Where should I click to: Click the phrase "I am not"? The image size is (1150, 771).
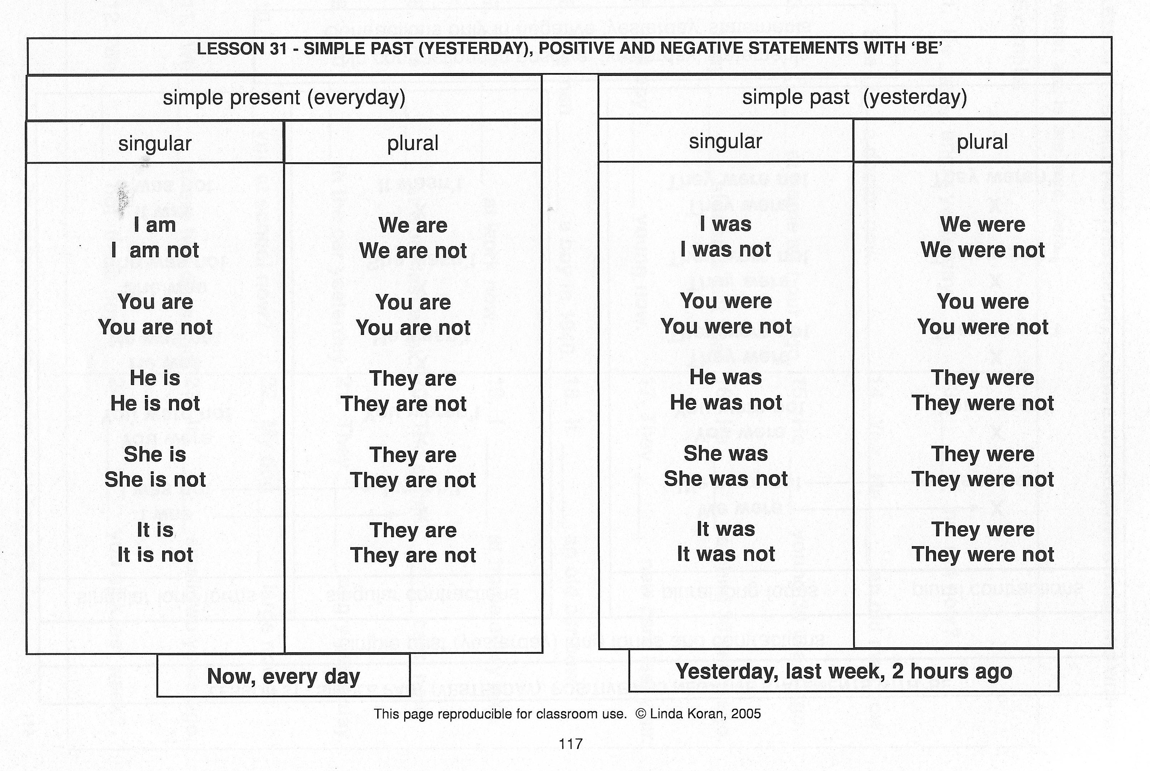[x=155, y=251]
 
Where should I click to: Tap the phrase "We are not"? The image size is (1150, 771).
[x=413, y=251]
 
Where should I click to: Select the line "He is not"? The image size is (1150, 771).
[x=155, y=404]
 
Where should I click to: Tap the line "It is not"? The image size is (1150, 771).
[x=155, y=555]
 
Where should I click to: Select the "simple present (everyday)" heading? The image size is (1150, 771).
[x=284, y=97]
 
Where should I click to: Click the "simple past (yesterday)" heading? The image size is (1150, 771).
[x=854, y=97]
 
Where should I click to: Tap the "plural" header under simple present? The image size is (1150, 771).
[x=413, y=143]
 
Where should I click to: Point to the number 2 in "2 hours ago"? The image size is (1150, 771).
[x=898, y=672]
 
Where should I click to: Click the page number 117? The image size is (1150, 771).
[x=571, y=744]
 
